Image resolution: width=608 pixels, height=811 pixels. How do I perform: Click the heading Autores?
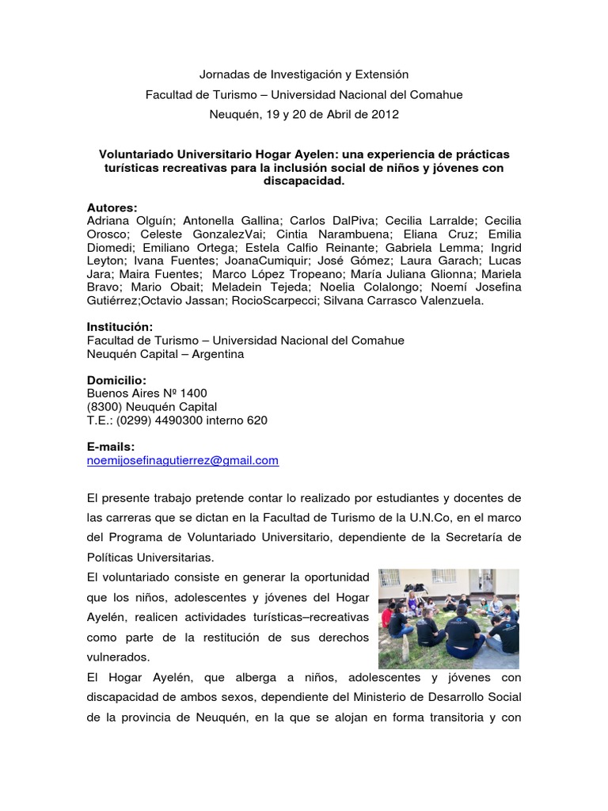tap(112, 208)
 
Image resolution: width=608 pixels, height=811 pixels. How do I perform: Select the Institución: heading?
tap(120, 327)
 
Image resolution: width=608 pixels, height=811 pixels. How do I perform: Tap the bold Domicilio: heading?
tap(116, 380)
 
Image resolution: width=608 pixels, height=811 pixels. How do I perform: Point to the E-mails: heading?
tap(111, 447)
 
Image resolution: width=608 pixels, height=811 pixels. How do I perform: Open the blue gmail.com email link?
tap(183, 460)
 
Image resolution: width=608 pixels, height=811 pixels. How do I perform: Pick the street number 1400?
tap(194, 394)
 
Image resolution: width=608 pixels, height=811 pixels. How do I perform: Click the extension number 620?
tap(257, 421)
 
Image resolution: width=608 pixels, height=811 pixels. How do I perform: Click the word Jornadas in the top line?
tap(222, 74)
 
